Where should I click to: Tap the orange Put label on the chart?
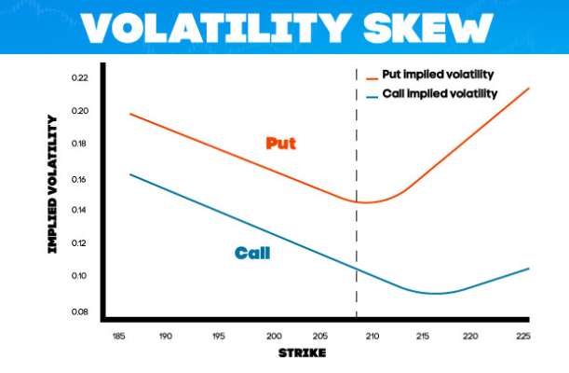coord(281,143)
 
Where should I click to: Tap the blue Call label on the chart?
coord(252,252)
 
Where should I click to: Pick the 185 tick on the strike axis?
coord(119,335)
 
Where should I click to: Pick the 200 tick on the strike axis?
coord(274,335)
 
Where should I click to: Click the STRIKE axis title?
coord(302,353)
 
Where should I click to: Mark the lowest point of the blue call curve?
coord(435,293)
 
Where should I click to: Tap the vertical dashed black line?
coord(356,186)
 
